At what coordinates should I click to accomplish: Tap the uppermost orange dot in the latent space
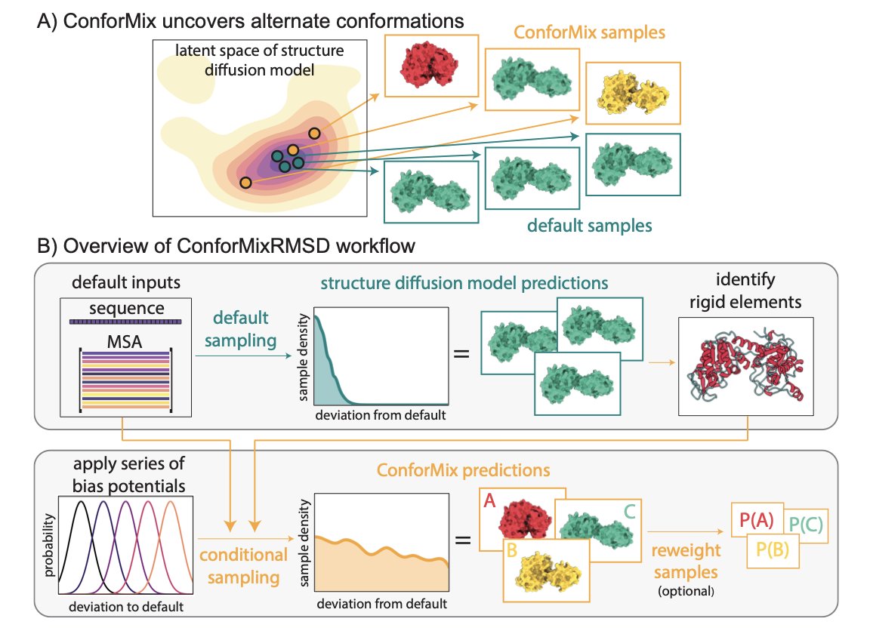pyautogui.click(x=314, y=134)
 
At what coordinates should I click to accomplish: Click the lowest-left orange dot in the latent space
pyautogui.click(x=245, y=183)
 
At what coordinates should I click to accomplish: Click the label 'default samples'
pyautogui.click(x=590, y=225)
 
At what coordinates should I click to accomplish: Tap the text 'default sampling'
pyautogui.click(x=240, y=330)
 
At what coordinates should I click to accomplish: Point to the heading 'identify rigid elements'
pyautogui.click(x=747, y=292)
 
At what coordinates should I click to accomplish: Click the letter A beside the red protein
pyautogui.click(x=489, y=499)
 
